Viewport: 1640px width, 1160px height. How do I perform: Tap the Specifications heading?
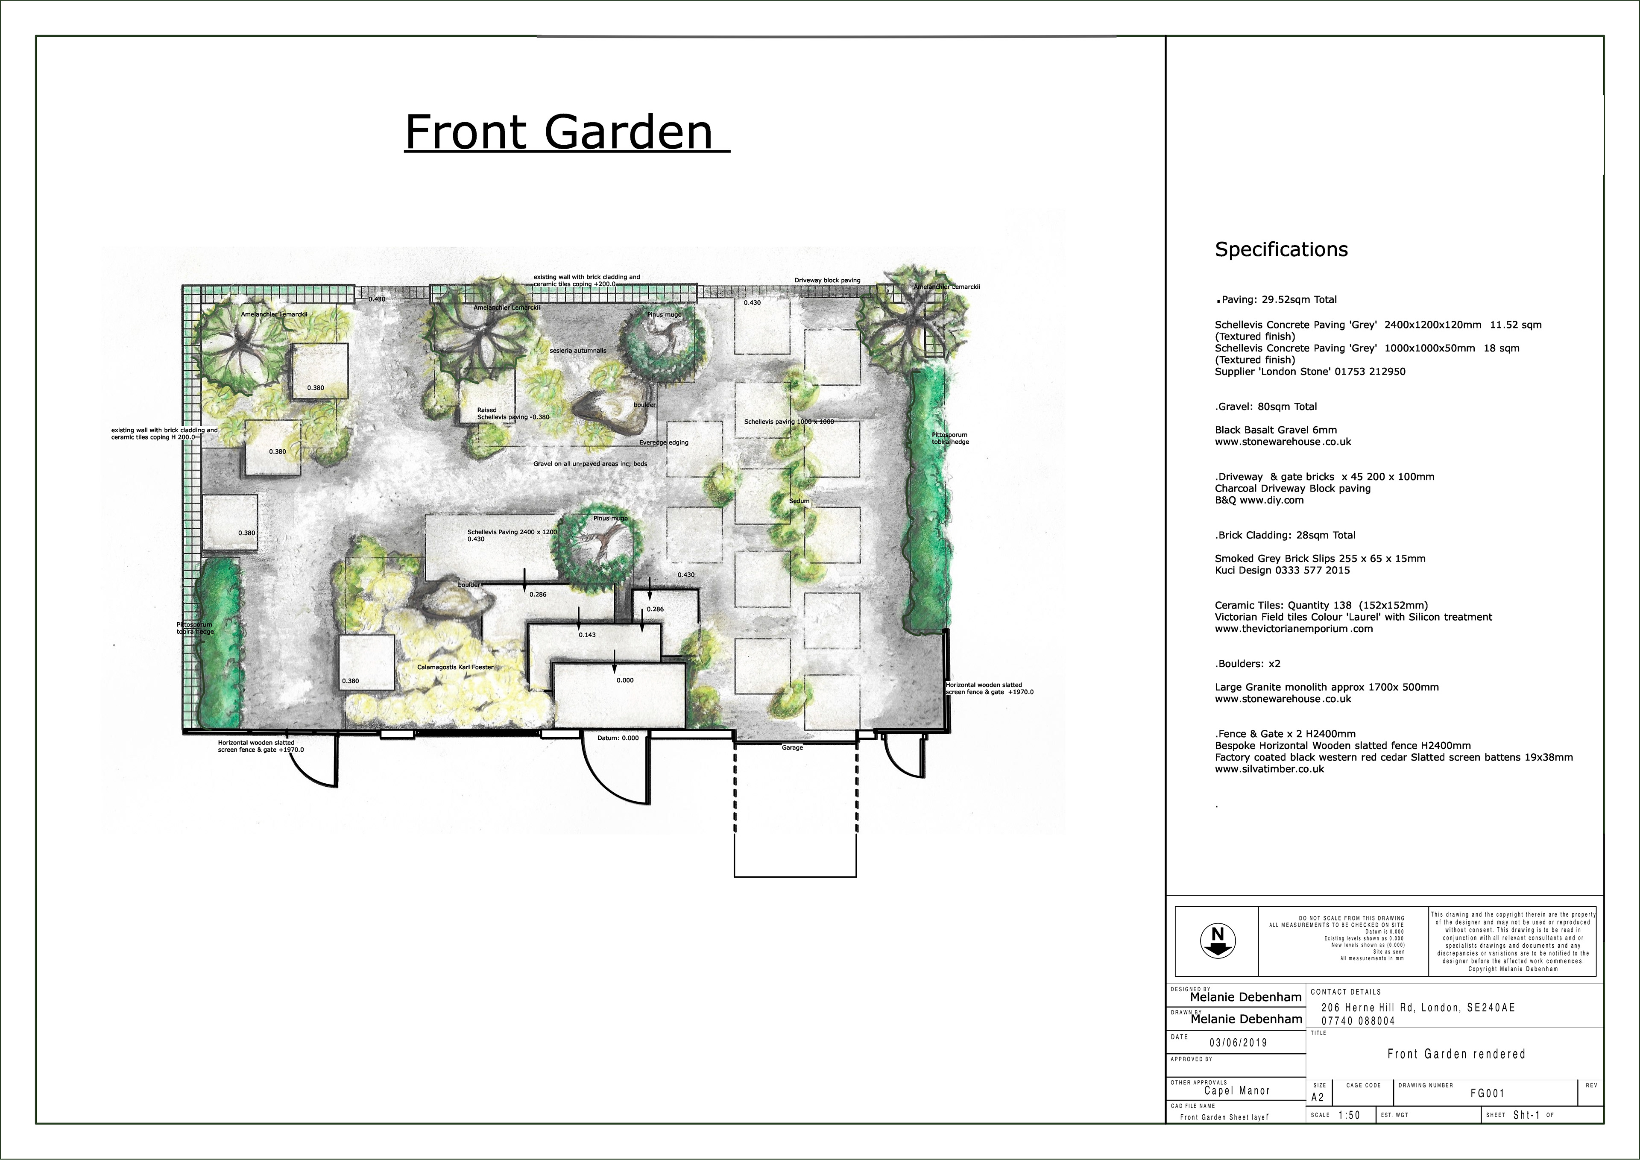coord(1281,249)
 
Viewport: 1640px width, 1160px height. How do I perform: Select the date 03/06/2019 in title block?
coord(1238,1042)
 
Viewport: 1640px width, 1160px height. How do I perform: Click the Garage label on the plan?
coord(792,747)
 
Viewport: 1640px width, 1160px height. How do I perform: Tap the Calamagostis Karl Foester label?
coord(455,667)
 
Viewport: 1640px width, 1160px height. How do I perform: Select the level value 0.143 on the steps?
coord(587,634)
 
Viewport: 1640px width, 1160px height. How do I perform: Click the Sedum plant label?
coord(799,501)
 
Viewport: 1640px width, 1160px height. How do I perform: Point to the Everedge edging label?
coord(664,442)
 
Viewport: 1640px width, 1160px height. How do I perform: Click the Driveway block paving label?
coord(827,280)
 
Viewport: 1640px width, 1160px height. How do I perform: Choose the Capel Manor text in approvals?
coord(1237,1091)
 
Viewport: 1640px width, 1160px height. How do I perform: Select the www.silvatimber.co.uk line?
coord(1269,769)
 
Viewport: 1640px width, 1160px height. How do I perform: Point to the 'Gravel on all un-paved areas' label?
coord(590,463)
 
